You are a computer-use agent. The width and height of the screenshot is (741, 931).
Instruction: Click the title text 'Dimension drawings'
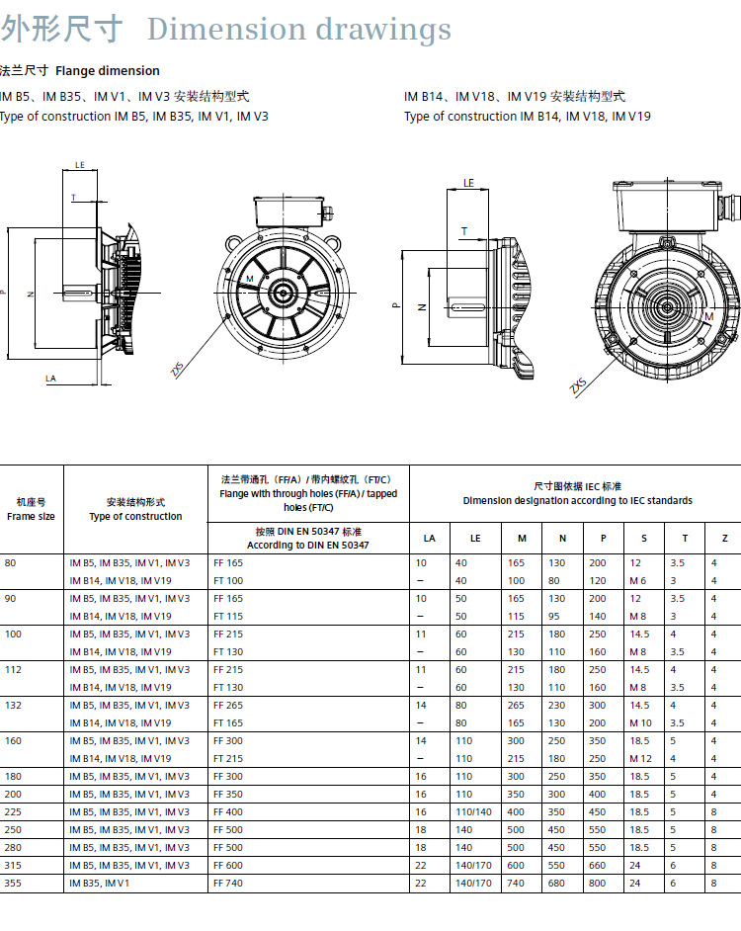pyautogui.click(x=299, y=29)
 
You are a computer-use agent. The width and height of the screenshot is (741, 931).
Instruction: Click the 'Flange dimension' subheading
pyautogui.click(x=108, y=70)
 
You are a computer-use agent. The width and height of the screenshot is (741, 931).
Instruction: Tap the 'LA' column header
pyautogui.click(x=429, y=538)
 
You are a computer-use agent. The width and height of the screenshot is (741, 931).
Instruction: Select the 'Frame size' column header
pyautogui.click(x=31, y=517)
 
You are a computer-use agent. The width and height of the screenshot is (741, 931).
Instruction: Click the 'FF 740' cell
pyautogui.click(x=228, y=883)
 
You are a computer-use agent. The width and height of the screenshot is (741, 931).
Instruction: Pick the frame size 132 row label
pyautogui.click(x=13, y=705)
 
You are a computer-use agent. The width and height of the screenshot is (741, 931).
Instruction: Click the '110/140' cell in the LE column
pyautogui.click(x=473, y=811)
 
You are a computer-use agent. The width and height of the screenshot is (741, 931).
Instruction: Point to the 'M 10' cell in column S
pyautogui.click(x=640, y=722)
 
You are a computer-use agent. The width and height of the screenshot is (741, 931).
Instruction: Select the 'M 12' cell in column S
pyautogui.click(x=640, y=758)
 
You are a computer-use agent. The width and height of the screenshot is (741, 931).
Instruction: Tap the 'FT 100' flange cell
pyautogui.click(x=228, y=580)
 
